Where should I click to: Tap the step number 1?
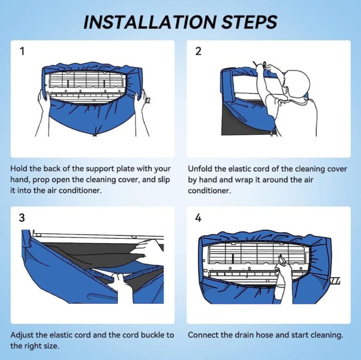[x=21, y=52]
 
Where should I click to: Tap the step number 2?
[x=198, y=52]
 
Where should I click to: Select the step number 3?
[x=21, y=217]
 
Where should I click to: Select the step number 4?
[x=198, y=217]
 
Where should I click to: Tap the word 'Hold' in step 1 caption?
[x=20, y=169]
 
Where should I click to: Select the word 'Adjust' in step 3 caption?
[x=23, y=335]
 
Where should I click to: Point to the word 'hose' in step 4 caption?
[x=268, y=335]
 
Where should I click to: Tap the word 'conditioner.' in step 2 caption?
[x=209, y=191]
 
